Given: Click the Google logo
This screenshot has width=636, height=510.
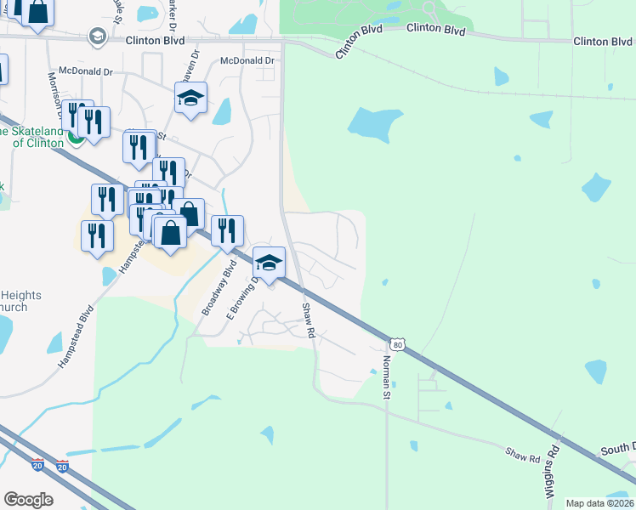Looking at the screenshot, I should tap(28, 500).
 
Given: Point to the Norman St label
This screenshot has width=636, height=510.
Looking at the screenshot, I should tap(385, 377).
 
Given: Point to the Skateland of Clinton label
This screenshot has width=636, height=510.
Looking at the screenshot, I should tap(38, 137).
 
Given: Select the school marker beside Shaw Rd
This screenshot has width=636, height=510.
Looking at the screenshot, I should tap(269, 263).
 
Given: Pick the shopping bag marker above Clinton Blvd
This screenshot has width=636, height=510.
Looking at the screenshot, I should tap(37, 12).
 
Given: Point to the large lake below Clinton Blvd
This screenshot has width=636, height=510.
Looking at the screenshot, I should tap(374, 123).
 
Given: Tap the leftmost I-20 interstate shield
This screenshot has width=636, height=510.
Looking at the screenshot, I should tap(37, 466).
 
